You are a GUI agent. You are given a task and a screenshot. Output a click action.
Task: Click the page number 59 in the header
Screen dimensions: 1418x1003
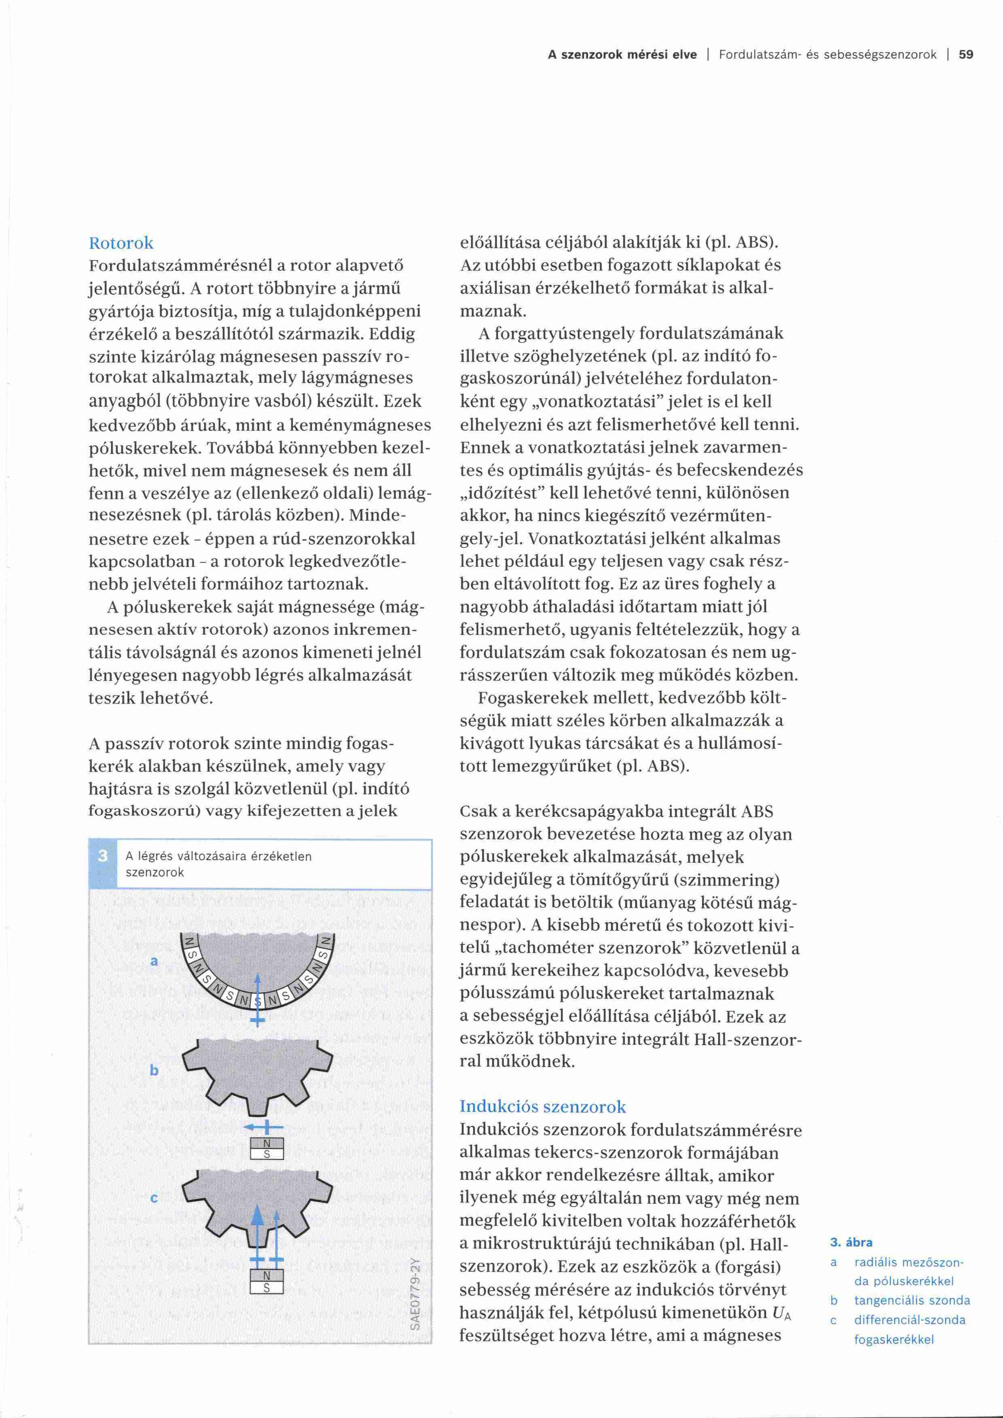[966, 54]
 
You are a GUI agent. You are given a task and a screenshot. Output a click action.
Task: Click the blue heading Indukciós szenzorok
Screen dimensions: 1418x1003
[542, 1106]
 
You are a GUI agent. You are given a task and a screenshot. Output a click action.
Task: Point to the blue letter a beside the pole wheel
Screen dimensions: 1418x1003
[154, 961]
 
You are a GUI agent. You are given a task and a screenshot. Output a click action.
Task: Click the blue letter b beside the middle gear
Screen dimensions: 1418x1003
[154, 1070]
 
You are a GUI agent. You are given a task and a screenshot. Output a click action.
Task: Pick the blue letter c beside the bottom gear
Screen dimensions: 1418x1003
[154, 1198]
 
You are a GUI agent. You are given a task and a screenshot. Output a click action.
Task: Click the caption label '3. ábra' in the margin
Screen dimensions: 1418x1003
[851, 1243]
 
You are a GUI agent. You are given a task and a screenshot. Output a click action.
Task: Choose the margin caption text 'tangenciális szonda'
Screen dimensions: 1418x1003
[912, 1301]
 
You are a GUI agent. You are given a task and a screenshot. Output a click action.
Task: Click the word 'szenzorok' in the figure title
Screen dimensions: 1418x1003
[155, 872]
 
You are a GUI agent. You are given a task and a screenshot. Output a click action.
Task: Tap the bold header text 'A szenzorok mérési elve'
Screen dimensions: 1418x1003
[622, 54]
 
